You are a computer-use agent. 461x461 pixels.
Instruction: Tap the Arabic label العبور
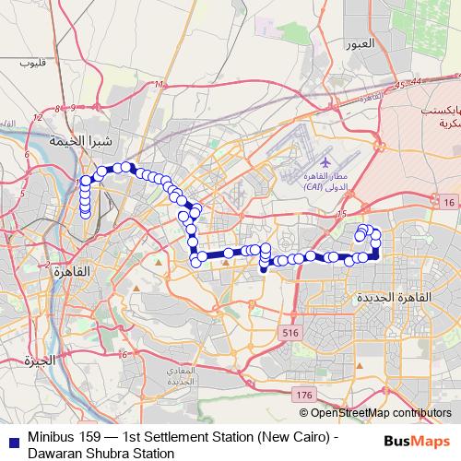point(358,43)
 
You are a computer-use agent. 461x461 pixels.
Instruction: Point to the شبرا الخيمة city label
point(80,141)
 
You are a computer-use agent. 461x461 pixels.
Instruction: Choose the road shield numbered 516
point(291,331)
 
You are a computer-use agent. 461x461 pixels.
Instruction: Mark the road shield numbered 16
point(447,202)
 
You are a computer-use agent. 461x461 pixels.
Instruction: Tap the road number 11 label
point(159,85)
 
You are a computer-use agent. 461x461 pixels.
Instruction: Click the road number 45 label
point(398,86)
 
